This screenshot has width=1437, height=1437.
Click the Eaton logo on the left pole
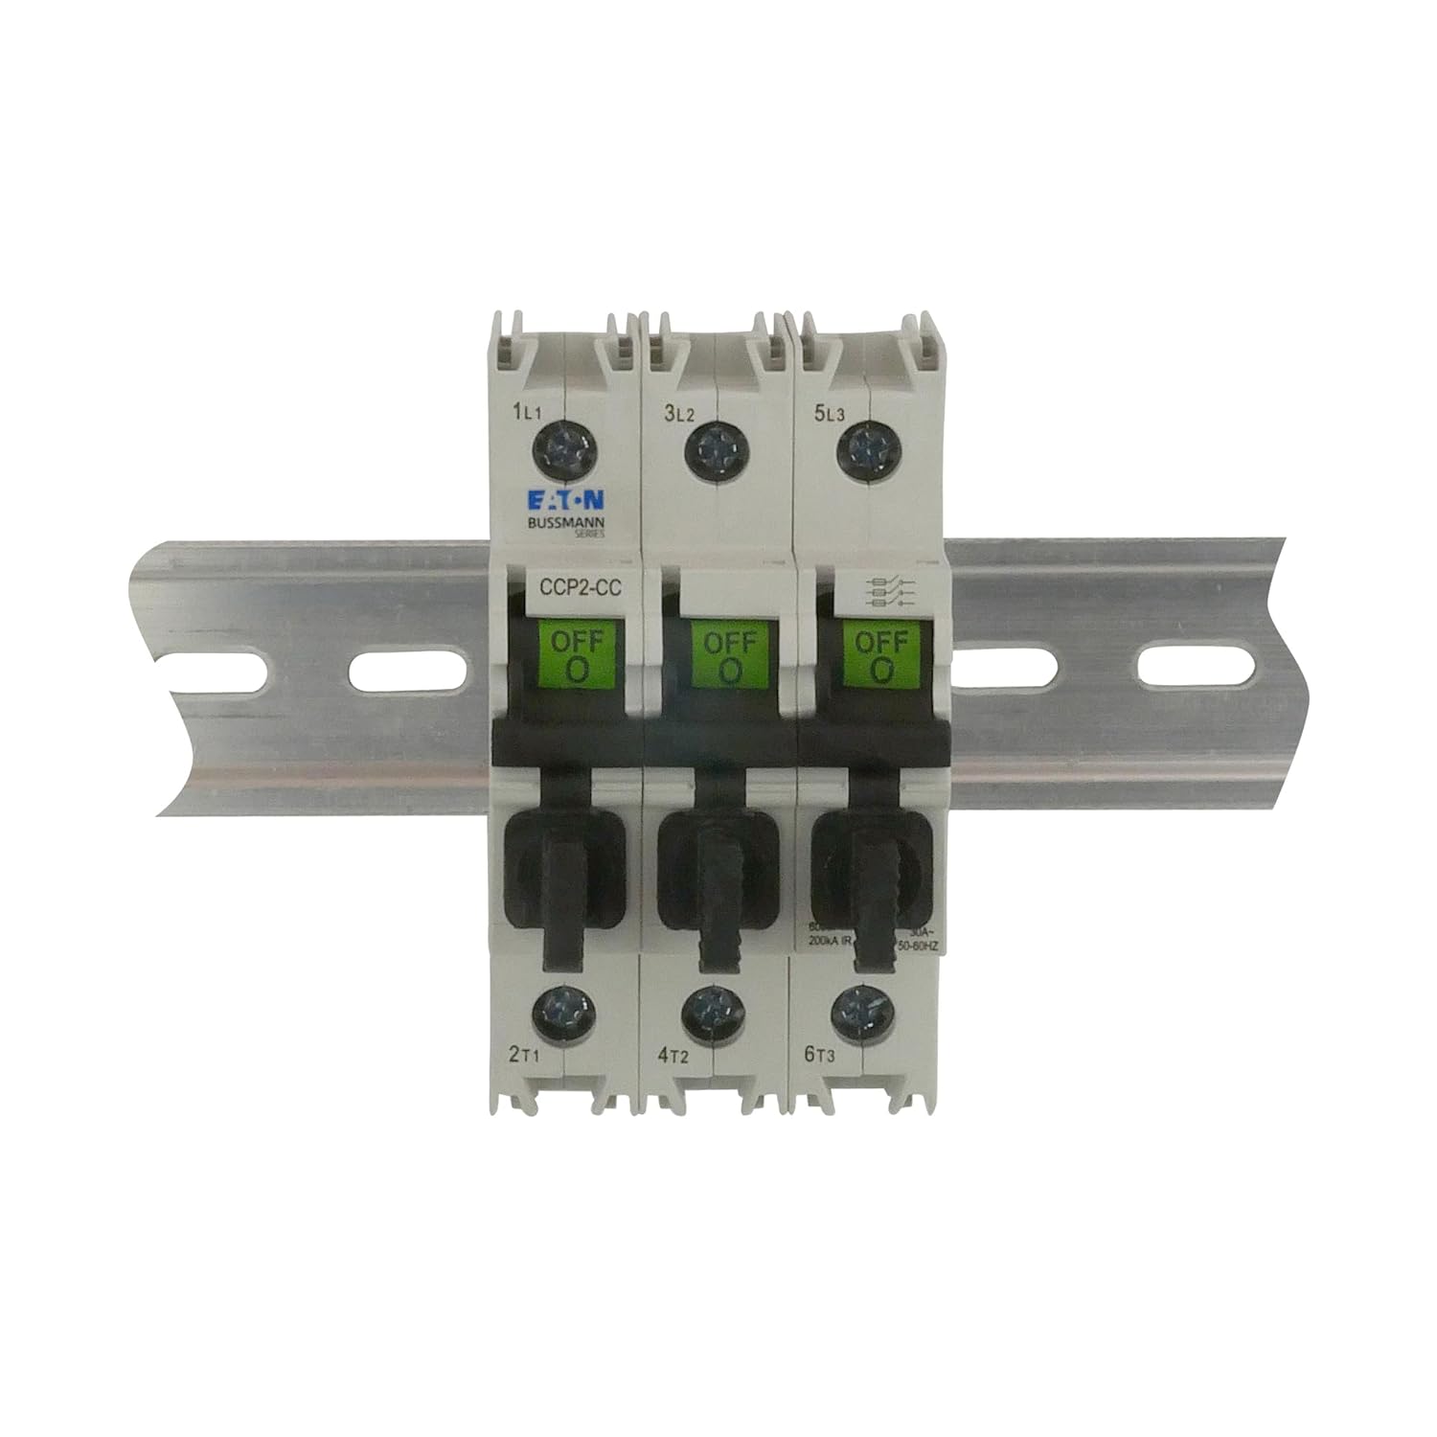[x=563, y=500]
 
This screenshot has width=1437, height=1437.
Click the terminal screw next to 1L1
[x=563, y=445]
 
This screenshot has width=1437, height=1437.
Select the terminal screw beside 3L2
[x=714, y=446]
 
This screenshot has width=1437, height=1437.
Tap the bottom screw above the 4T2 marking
[x=713, y=1012]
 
